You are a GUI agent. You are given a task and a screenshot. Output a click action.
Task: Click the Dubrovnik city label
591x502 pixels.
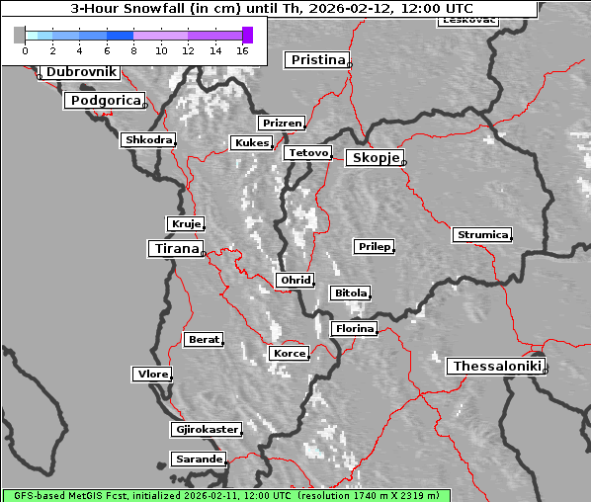81,72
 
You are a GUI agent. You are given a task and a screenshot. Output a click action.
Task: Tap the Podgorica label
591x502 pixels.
105,101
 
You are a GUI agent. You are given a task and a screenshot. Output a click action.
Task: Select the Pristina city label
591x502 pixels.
317,60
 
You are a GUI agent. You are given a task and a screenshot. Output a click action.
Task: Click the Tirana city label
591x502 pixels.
175,249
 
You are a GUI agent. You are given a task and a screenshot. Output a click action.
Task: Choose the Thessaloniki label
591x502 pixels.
496,367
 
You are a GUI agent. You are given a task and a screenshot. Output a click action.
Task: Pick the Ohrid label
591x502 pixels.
295,281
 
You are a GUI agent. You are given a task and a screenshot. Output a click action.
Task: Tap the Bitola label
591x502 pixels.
350,293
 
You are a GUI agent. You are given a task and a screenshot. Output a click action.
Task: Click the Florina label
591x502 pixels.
354,328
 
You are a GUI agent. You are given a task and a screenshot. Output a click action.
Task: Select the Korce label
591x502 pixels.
289,353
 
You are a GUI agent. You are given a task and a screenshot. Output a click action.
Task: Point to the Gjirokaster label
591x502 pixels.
206,430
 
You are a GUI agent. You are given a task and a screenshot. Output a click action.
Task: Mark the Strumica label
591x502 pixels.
482,234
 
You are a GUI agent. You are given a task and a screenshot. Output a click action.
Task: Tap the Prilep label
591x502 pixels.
374,246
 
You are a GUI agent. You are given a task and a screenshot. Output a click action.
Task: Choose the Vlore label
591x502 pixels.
152,374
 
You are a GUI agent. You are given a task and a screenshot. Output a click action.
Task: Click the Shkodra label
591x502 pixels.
148,140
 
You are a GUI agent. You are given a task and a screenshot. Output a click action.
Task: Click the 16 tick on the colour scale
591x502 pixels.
241,50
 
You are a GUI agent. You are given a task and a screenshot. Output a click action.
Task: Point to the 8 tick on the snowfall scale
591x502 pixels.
133,50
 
